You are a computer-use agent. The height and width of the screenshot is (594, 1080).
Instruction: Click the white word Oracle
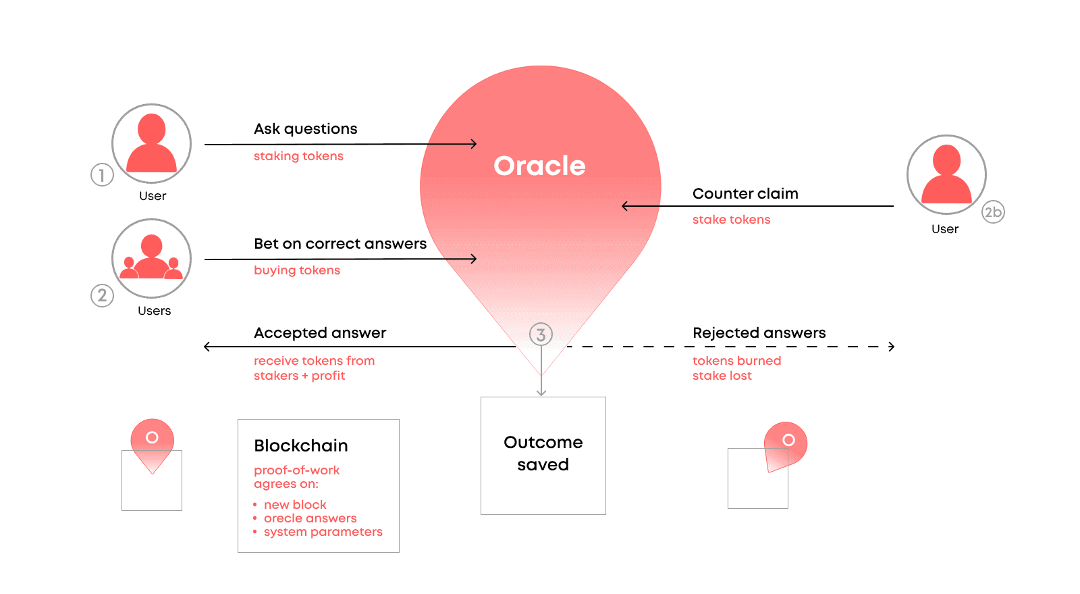click(539, 166)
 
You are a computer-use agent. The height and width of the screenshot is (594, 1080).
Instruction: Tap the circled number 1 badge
click(102, 175)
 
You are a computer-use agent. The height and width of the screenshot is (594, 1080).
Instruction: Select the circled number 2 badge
click(102, 295)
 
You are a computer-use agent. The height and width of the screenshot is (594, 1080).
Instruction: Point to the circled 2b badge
click(993, 212)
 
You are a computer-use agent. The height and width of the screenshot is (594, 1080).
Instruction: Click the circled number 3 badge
click(541, 334)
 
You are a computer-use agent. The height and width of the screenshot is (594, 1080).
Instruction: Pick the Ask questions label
click(305, 129)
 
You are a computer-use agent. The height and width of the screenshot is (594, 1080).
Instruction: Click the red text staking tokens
click(298, 156)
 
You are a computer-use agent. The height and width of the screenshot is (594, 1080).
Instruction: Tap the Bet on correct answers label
click(340, 244)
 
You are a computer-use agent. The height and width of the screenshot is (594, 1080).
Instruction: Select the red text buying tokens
click(296, 270)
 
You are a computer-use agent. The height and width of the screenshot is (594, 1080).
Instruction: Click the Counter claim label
click(745, 194)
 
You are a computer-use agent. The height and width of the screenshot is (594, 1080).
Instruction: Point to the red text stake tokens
click(731, 220)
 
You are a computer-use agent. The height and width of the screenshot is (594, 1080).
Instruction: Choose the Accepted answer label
click(320, 333)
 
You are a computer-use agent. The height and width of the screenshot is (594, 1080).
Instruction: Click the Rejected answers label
click(759, 333)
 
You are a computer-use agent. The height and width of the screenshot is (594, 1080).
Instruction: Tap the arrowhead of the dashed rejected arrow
click(892, 347)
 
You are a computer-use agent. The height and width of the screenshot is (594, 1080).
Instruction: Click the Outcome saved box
click(543, 455)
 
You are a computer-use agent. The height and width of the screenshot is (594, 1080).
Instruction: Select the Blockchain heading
click(301, 446)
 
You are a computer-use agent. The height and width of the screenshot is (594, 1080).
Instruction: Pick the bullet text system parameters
click(323, 532)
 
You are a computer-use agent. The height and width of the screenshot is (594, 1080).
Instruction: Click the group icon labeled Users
click(151, 258)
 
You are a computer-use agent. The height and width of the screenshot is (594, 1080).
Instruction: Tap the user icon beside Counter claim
click(946, 174)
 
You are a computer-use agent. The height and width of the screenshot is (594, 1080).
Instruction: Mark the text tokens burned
click(736, 361)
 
